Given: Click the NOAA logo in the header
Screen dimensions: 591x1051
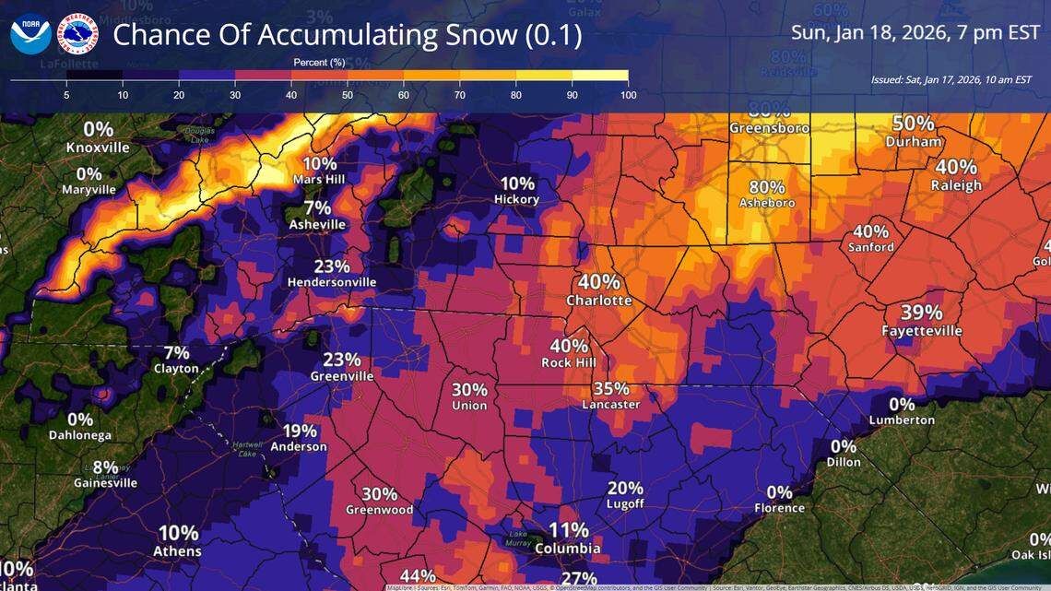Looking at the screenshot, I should coord(30,33).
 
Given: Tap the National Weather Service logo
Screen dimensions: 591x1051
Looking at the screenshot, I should coord(77,33).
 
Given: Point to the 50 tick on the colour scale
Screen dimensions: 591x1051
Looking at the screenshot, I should coord(348,95).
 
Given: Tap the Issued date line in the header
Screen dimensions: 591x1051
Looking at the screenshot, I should coord(951,80).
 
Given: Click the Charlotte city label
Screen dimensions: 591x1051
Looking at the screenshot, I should coord(599,301).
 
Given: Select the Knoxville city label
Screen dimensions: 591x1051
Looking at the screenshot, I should coord(98,148).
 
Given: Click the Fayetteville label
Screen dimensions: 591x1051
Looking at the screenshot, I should coord(921,331).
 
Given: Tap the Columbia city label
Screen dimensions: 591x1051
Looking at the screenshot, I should coord(569,549).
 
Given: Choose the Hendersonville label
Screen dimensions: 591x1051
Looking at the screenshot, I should coord(331,282).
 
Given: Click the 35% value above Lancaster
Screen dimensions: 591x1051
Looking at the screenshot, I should coord(611,388).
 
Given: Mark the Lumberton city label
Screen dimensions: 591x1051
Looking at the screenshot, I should coord(901,420).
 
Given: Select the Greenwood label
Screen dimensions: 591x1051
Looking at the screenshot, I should coord(379,510).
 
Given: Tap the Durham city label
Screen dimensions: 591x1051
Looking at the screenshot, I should coord(914,142).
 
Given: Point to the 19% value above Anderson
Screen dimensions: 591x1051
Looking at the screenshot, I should coord(300,431).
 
